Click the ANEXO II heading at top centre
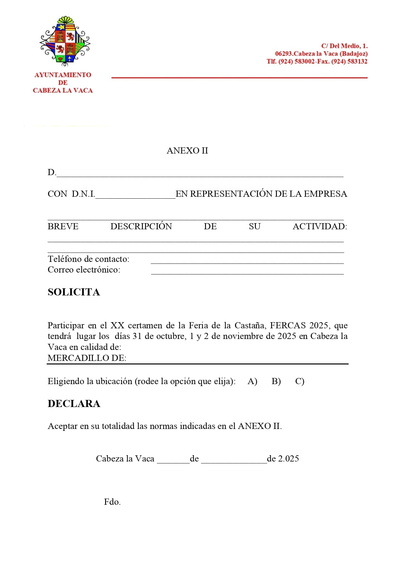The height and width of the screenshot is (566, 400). point(187,151)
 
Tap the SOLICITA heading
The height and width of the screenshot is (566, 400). point(74,292)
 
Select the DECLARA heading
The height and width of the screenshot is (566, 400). point(74,403)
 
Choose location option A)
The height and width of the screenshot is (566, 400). point(252,381)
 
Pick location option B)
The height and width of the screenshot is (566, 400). point(276,381)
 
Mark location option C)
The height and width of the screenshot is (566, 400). point(299,381)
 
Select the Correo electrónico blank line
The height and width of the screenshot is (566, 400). point(247,272)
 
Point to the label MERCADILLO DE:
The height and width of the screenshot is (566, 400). point(87,358)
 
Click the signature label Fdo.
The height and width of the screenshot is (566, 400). point(112,502)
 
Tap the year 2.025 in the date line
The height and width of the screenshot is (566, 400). point(288,459)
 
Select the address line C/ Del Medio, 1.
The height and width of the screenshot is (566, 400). point(344,46)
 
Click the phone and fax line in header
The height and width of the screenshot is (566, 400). point(317,61)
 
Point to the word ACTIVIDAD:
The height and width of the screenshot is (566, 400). point(320,226)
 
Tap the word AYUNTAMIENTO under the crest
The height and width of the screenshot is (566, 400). point(63,75)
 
